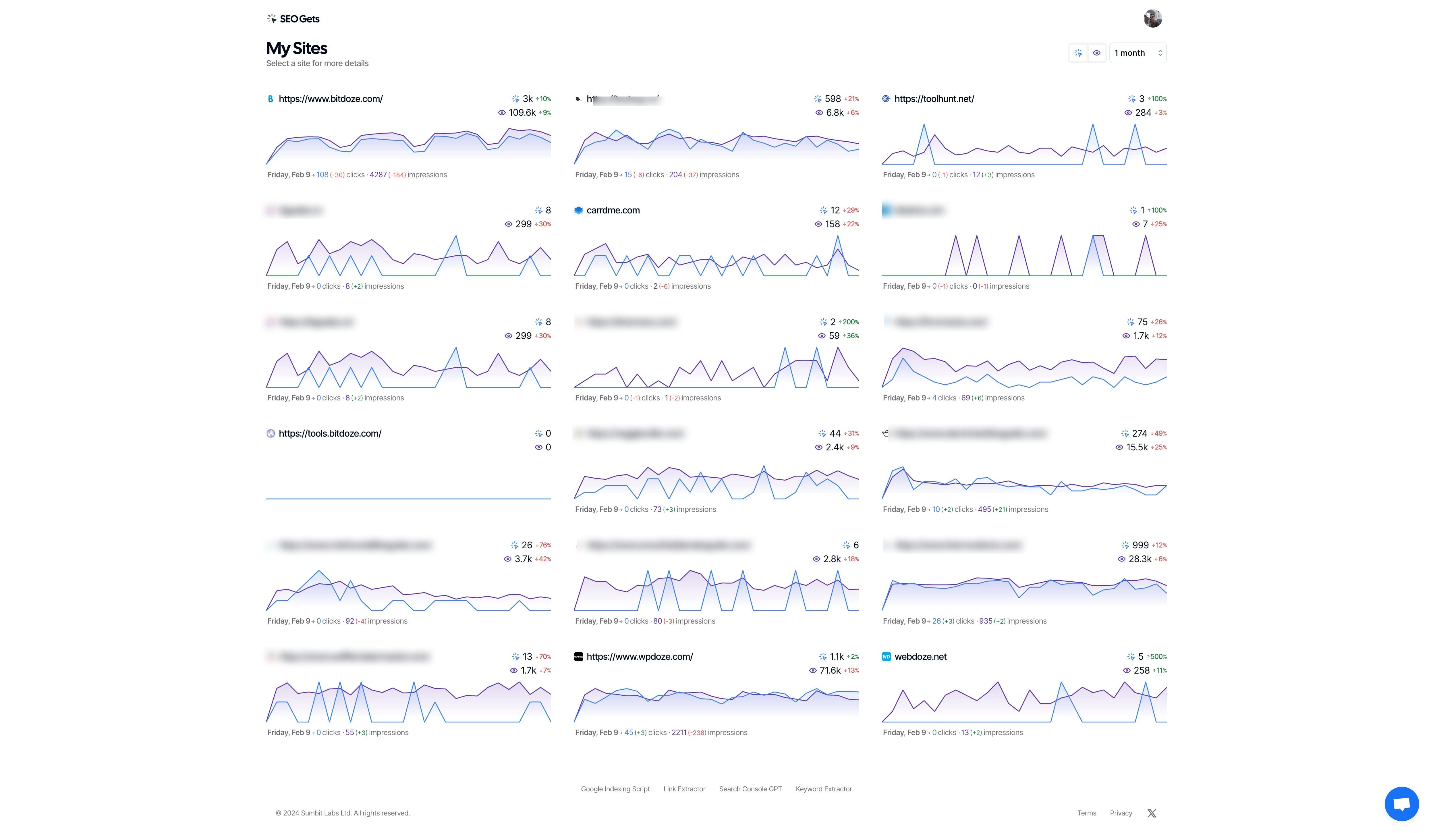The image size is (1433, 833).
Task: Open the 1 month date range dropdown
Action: click(1137, 53)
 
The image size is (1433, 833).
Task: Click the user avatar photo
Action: click(1152, 18)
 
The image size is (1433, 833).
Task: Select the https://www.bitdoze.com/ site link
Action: click(330, 99)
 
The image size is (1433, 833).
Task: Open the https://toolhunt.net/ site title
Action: click(934, 99)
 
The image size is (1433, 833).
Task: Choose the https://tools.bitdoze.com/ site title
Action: click(330, 433)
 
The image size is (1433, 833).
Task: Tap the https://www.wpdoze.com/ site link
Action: click(639, 657)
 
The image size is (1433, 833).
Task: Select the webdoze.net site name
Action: click(920, 657)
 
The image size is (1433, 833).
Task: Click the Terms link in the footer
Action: click(1086, 813)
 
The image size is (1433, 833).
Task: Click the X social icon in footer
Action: click(1152, 813)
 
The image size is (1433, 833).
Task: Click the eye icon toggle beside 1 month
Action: click(1096, 53)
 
